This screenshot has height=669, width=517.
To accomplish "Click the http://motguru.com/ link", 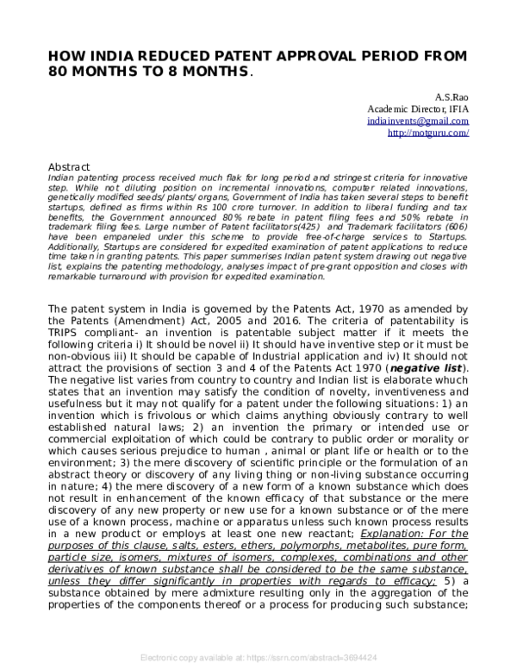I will coord(428,134).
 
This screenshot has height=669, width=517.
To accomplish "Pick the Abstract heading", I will coord(71,166).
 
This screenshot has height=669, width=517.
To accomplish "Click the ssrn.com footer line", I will coord(258,657).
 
